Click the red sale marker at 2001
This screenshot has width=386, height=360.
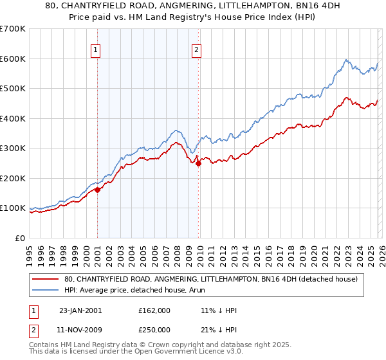pos(98,190)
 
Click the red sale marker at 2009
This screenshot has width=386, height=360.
pos(198,163)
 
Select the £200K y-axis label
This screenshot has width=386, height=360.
pos(13,178)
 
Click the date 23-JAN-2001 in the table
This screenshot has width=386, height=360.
pos(80,310)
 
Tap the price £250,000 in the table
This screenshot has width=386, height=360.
pos(154,330)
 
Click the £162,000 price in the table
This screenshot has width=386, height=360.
pos(154,310)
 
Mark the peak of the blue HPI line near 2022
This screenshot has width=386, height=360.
pos(346,60)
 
